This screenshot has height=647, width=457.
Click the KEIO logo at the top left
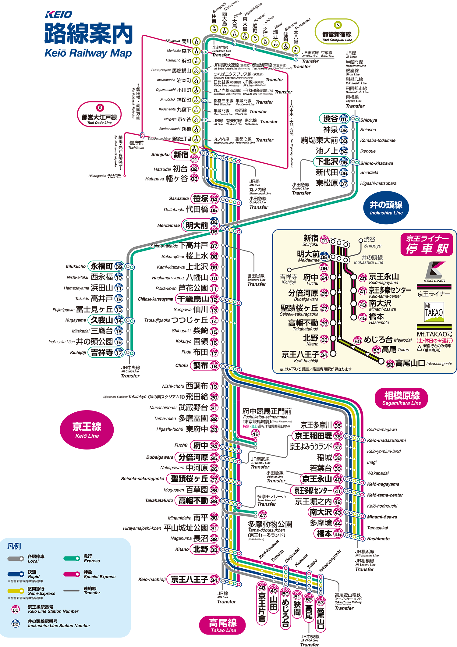coord(58,14)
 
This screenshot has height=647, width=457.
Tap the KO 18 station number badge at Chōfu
coord(214,365)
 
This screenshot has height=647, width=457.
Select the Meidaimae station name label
coord(197,226)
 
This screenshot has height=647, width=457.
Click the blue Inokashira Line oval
coord(386,208)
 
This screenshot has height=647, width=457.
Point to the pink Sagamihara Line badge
coord(402,398)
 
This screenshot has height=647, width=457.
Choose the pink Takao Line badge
coord(223,625)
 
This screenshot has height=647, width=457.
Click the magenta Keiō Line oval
coord(87,430)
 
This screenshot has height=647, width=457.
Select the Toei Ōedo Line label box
coord(99,115)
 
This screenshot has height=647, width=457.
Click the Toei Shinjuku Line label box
coord(337,32)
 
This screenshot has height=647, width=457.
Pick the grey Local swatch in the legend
coord(16,559)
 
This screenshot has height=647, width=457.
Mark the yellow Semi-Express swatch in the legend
coord(16,591)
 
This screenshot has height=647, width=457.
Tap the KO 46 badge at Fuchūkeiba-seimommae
coord(255,433)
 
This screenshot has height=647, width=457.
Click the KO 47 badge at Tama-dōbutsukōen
coord(263,515)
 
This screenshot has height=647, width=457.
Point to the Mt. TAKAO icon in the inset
coord(434,312)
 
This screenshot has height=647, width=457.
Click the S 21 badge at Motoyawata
coord(296,49)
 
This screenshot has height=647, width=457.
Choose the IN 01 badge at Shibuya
coord(344,118)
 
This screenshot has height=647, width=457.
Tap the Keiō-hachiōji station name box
coord(189,579)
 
